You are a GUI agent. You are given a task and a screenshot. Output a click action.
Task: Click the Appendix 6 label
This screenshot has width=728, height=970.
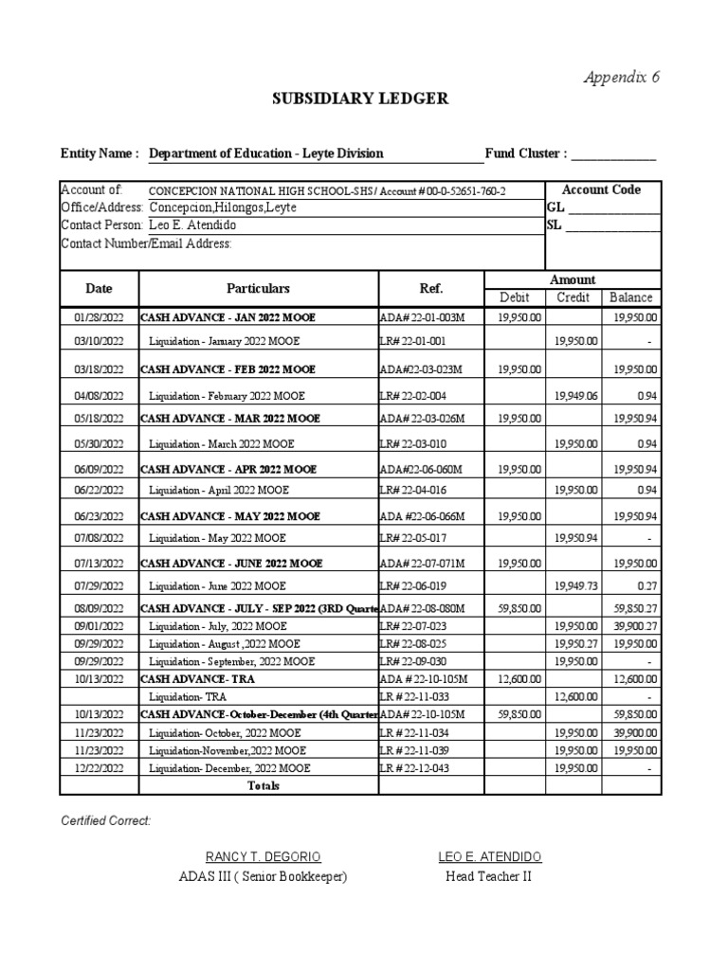point(621,78)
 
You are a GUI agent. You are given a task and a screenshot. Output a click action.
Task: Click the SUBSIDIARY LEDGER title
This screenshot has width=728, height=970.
point(361,99)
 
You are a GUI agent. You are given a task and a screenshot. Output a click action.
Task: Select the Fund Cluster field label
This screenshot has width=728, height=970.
point(526,153)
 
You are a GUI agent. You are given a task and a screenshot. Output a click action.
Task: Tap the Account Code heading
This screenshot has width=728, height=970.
point(602,189)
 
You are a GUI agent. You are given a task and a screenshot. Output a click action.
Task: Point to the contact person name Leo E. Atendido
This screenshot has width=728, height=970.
point(193,225)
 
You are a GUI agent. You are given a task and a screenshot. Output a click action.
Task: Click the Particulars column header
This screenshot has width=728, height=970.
point(258,288)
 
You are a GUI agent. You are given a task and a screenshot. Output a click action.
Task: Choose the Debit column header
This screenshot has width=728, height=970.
point(514,297)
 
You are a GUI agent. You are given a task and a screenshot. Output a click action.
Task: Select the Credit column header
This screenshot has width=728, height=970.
point(573,297)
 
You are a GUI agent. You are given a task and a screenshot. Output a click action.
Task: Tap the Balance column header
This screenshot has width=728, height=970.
point(631,297)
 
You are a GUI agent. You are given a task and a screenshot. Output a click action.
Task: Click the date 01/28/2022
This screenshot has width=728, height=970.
point(99,317)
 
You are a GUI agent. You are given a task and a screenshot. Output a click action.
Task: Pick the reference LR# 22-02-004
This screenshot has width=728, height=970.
point(412,396)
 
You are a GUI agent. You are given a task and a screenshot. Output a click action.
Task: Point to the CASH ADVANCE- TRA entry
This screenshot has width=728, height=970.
point(198,679)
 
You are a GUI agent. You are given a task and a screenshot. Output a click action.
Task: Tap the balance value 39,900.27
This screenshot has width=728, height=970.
point(632,626)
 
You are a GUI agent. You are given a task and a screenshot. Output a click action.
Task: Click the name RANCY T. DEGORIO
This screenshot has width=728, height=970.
point(263,856)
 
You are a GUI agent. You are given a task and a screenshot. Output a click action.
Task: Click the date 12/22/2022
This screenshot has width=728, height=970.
point(99,768)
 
